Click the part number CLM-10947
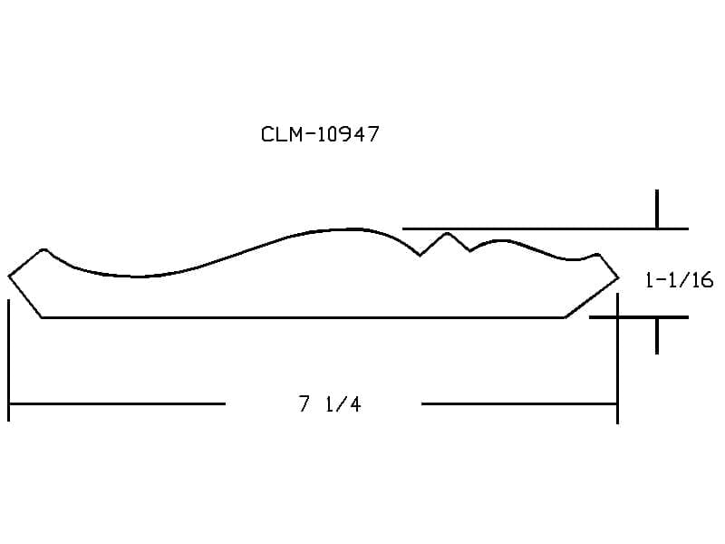coord(320,134)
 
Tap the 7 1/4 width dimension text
coord(329,403)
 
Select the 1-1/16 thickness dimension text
coord(679,280)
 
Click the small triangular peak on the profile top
coord(447,233)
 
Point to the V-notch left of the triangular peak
coord(420,255)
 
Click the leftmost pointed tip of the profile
coord(9,277)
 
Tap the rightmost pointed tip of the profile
coord(618,278)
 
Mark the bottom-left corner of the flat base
coord(42,317)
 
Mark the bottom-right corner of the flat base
coord(565,317)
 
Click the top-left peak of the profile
coord(43,250)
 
